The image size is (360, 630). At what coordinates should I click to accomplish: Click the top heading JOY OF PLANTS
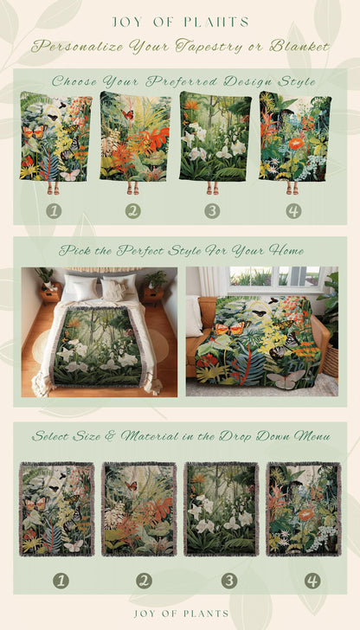tap(180, 22)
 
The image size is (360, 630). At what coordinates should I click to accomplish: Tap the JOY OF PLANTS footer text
tap(180, 613)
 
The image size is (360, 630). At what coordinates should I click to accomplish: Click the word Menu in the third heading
tap(308, 435)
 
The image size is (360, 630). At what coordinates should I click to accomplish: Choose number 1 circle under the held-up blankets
tap(54, 210)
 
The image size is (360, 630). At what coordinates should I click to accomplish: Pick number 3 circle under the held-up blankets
tap(212, 210)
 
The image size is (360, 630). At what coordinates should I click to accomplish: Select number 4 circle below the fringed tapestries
tap(312, 580)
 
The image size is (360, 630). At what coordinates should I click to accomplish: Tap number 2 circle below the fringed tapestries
tap(139, 580)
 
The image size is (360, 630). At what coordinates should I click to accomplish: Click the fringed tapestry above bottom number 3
tap(221, 510)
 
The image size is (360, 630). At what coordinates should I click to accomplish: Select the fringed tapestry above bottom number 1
tap(56, 510)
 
